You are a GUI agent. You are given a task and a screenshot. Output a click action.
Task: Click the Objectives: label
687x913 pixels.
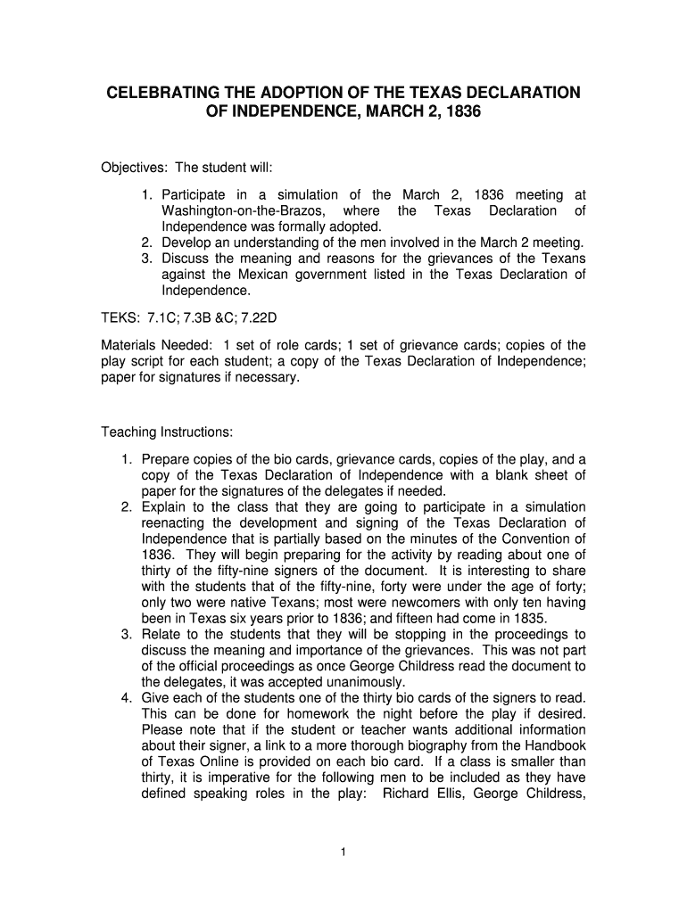click(134, 168)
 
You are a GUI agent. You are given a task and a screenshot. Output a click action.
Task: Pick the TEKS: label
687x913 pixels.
click(121, 317)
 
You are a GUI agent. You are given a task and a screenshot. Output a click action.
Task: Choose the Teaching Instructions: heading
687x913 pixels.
click(167, 432)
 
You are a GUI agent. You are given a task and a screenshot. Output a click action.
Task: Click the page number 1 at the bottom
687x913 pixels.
click(343, 852)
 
